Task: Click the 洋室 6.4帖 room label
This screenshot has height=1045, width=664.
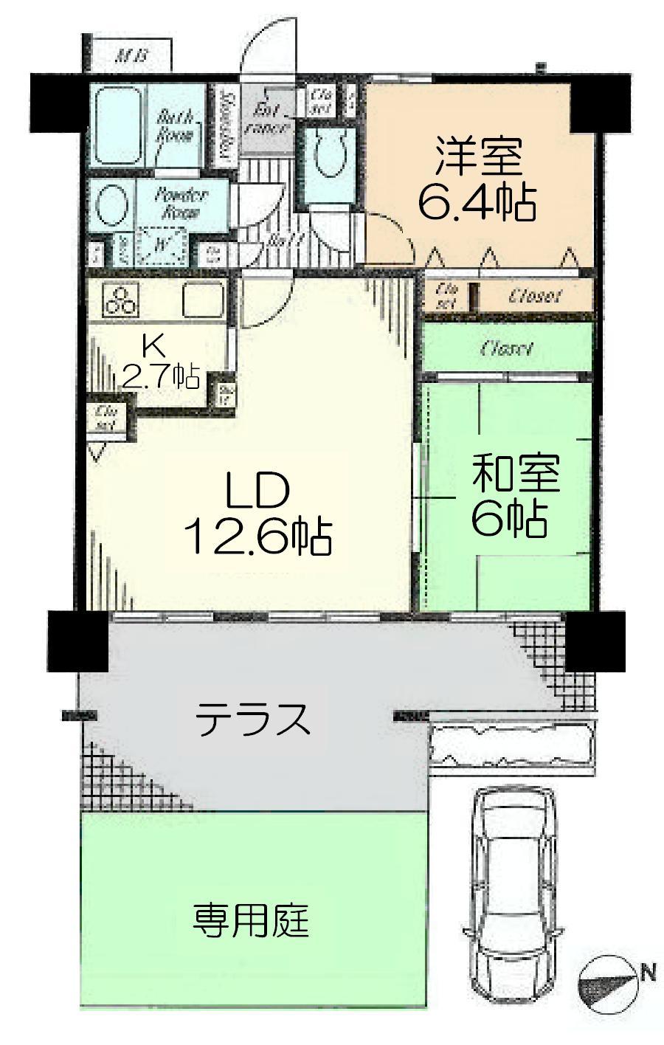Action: click(477, 178)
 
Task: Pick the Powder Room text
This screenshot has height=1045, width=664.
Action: click(181, 203)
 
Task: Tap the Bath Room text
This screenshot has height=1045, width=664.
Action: click(175, 125)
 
